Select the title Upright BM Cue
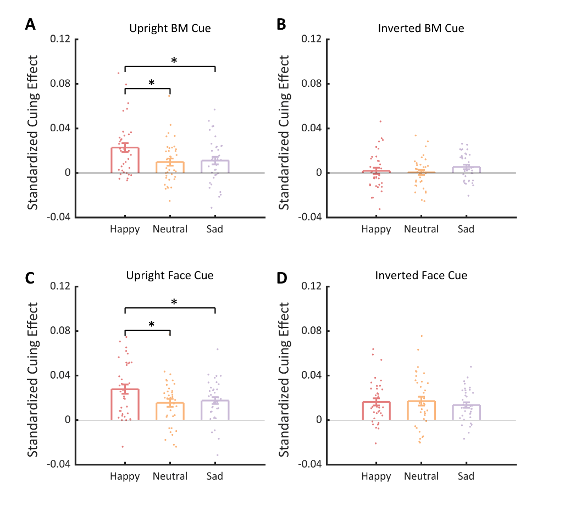(x=170, y=28)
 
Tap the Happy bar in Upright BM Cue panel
(x=125, y=160)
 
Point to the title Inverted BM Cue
(x=421, y=28)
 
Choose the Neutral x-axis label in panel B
(x=422, y=229)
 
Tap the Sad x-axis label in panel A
(x=215, y=229)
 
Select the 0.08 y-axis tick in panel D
(x=312, y=331)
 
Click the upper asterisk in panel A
(x=174, y=60)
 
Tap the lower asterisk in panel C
(x=151, y=325)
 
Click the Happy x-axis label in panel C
(x=125, y=476)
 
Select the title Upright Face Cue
(x=170, y=275)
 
